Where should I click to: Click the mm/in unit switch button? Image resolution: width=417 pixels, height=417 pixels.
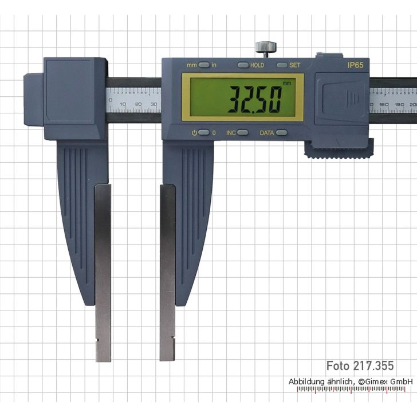pos(204,65)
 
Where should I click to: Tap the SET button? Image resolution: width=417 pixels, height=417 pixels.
pos(282,65)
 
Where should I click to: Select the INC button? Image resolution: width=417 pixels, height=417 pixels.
pos(243,132)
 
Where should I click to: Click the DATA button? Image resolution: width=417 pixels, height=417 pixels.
pos(281,132)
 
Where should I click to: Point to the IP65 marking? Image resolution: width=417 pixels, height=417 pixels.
pos(355,65)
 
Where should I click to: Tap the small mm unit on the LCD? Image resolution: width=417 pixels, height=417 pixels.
pos(286,84)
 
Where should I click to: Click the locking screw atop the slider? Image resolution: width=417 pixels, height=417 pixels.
pos(266,48)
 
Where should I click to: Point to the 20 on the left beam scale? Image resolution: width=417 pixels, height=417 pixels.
pos(138,104)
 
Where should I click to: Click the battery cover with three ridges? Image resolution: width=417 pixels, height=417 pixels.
pos(341,98)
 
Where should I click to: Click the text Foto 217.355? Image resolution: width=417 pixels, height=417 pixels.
pos(360,365)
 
